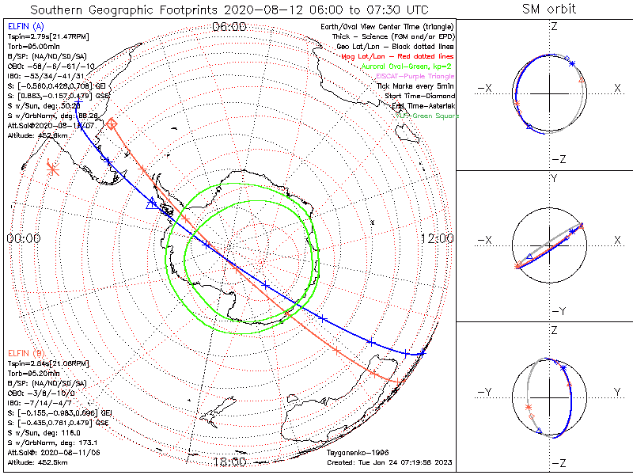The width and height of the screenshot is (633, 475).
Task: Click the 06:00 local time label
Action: (229, 27)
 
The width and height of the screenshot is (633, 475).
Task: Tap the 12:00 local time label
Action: (437, 238)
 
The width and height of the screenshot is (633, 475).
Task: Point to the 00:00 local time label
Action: (23, 238)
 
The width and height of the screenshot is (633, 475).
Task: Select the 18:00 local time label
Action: (229, 462)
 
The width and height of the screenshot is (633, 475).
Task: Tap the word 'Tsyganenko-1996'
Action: (358, 453)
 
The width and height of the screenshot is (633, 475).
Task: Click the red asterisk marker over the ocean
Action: (52, 167)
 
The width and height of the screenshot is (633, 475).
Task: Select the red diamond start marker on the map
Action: (112, 123)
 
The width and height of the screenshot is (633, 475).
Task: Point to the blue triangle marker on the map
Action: (152, 203)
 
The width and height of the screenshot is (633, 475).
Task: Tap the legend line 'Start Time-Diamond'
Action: (420, 96)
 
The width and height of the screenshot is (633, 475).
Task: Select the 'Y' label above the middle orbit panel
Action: (553, 179)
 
